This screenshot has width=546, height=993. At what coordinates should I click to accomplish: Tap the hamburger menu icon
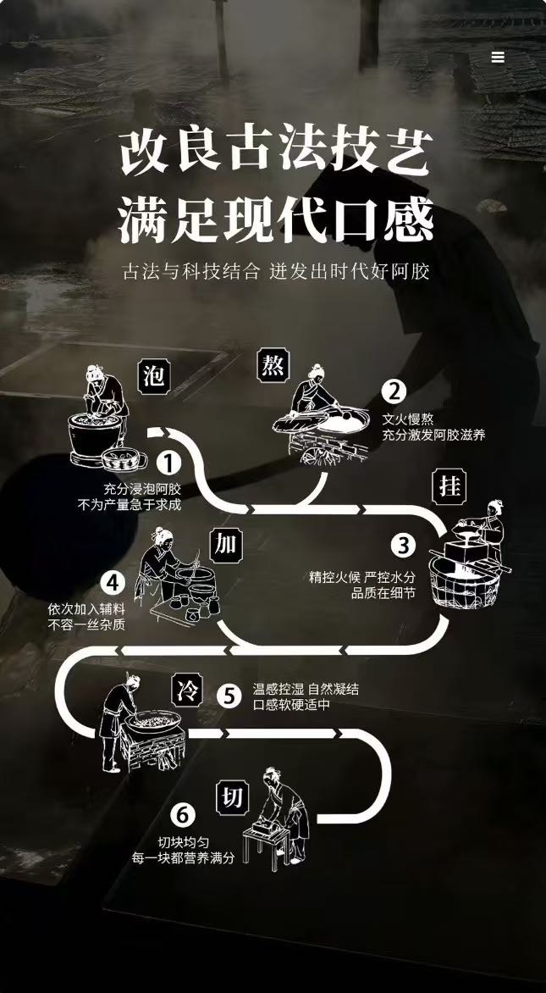click(498, 57)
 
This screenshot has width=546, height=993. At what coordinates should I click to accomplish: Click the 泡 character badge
click(154, 375)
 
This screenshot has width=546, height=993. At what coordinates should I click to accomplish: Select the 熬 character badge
click(273, 366)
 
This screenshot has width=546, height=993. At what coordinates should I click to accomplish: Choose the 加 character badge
click(225, 544)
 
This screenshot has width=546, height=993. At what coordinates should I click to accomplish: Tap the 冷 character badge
click(185, 690)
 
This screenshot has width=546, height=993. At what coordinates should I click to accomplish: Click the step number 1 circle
click(168, 463)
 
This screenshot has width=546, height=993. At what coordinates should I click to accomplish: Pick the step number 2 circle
click(394, 391)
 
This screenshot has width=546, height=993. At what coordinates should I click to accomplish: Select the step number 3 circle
click(403, 545)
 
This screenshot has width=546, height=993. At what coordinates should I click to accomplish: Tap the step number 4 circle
click(113, 583)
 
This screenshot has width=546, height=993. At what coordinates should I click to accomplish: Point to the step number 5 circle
click(229, 696)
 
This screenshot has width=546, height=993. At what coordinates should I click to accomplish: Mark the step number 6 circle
click(182, 815)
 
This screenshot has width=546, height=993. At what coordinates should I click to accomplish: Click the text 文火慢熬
click(407, 419)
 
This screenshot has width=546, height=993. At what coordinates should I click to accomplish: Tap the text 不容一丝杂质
click(86, 625)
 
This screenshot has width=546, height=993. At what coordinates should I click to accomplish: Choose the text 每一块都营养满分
click(182, 858)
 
